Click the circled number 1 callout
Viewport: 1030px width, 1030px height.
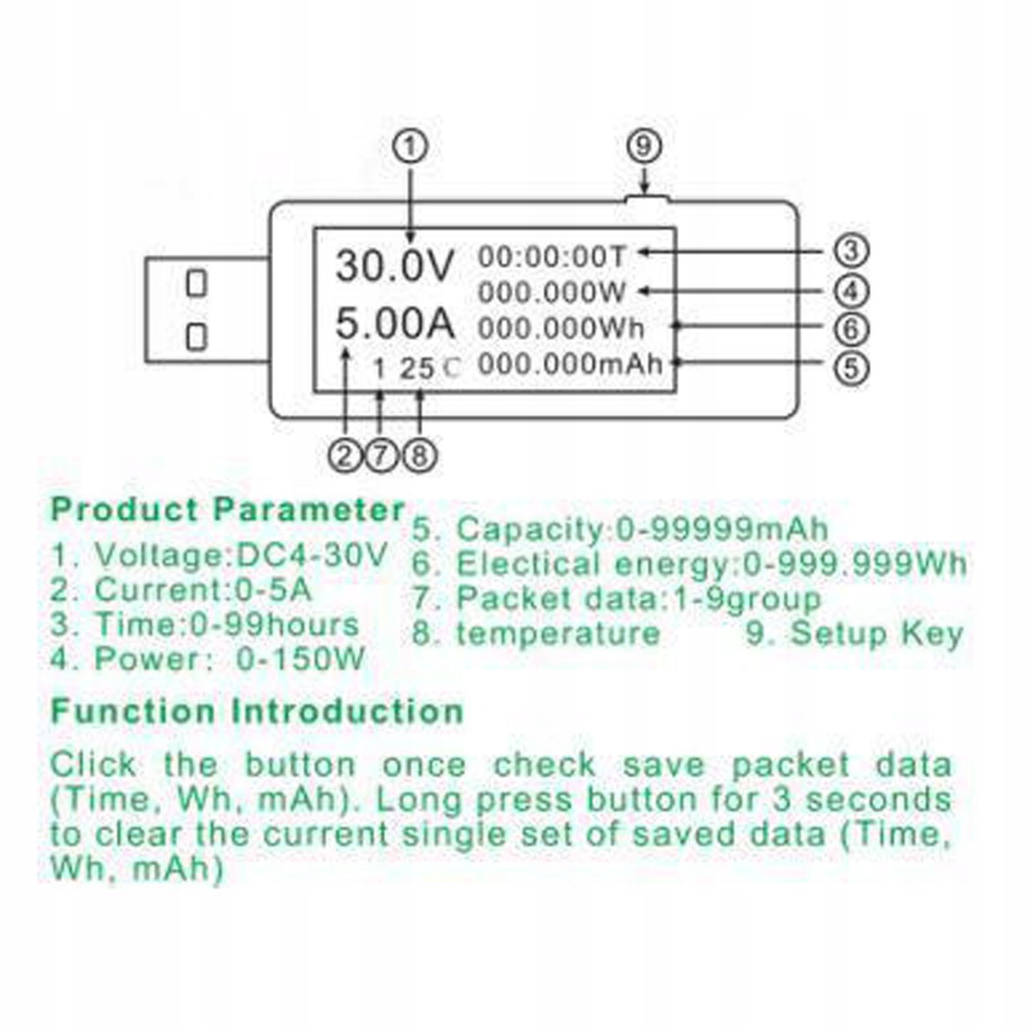click(x=410, y=147)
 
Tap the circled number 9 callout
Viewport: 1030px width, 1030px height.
click(x=644, y=146)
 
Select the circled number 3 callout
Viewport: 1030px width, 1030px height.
click(x=851, y=250)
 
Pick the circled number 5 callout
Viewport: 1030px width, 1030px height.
click(x=851, y=368)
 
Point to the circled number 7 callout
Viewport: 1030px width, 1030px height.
click(x=381, y=456)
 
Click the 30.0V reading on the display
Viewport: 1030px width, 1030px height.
click(x=395, y=266)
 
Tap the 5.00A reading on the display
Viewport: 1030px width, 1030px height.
click(x=395, y=323)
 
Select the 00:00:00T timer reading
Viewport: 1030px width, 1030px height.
click(x=551, y=257)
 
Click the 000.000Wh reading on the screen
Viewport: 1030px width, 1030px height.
click(x=561, y=328)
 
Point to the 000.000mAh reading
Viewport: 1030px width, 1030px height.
click(x=570, y=365)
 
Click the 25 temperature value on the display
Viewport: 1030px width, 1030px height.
click(x=417, y=369)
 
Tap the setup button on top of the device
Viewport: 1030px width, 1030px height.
click(x=646, y=200)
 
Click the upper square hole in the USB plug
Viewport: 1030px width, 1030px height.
click(x=196, y=283)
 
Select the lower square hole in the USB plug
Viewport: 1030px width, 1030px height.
click(x=196, y=337)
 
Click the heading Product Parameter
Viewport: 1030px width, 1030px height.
click(x=227, y=510)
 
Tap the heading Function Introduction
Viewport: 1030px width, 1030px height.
click(x=257, y=711)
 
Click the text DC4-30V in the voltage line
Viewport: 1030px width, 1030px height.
click(x=312, y=555)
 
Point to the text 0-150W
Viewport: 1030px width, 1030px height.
click(x=301, y=659)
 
